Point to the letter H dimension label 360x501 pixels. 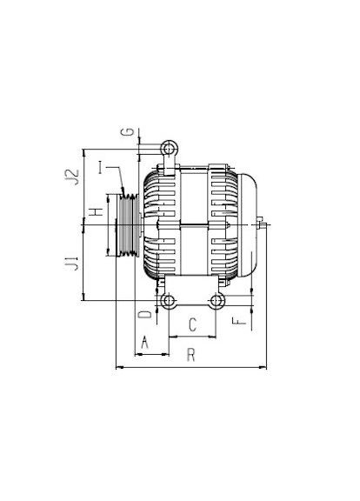(x=96, y=211)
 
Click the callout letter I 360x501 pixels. (x=101, y=167)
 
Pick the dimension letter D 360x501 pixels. (x=145, y=314)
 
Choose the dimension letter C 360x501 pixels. (x=192, y=325)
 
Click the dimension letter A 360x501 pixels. (x=145, y=343)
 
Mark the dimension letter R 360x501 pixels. (x=190, y=355)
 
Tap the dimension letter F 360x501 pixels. (x=239, y=321)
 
